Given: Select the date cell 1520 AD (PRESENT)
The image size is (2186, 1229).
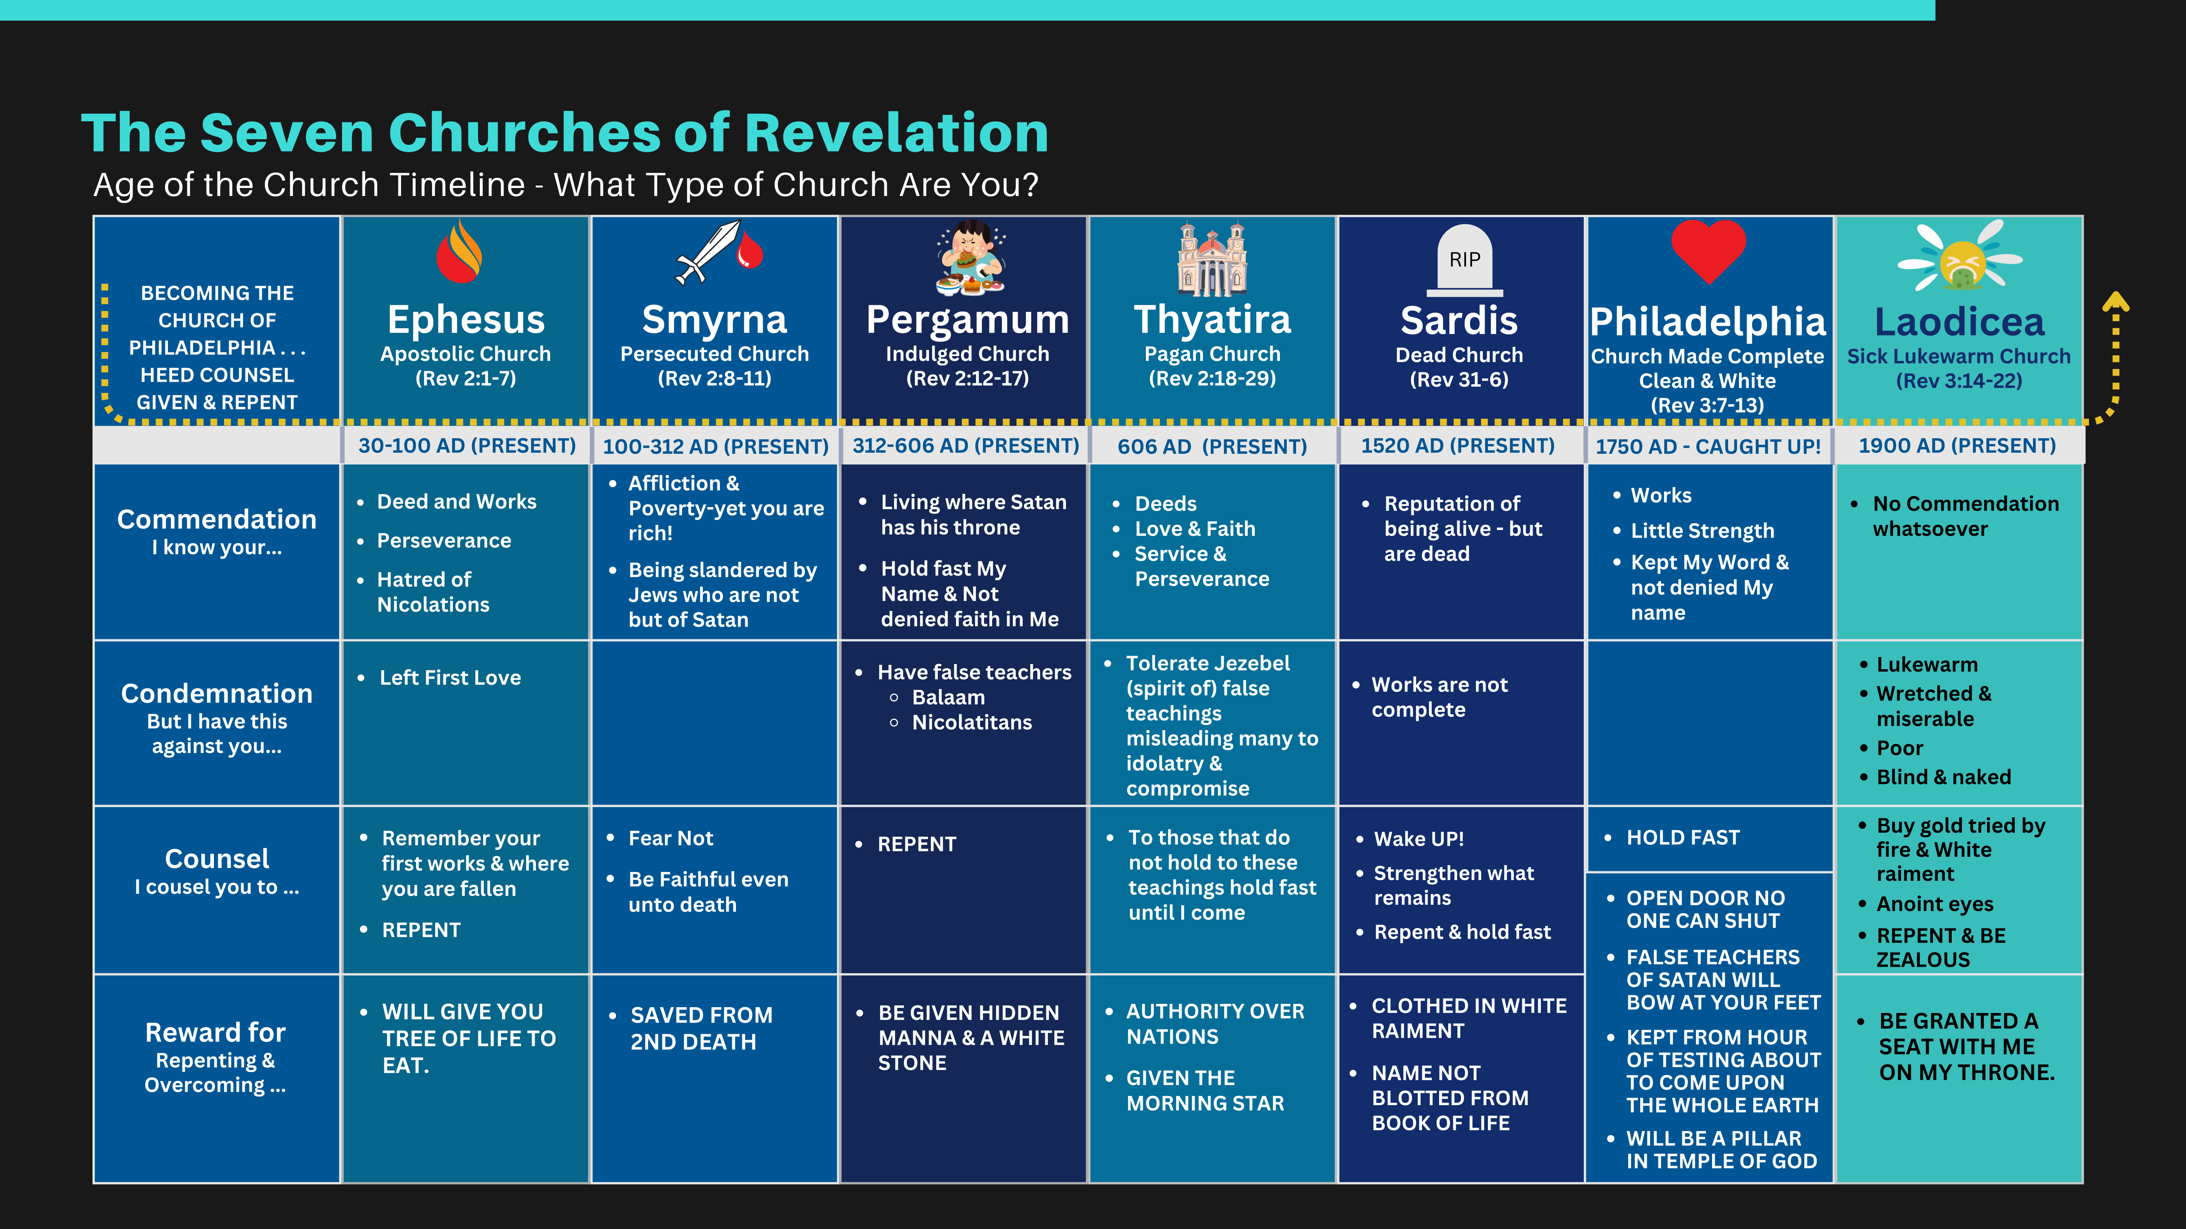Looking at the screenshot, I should point(1458,446).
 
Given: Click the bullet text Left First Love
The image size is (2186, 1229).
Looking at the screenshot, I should point(450,678).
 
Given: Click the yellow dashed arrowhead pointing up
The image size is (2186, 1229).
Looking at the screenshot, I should point(2116,301).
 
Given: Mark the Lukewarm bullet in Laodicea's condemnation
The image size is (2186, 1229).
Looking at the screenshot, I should point(1926,665).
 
